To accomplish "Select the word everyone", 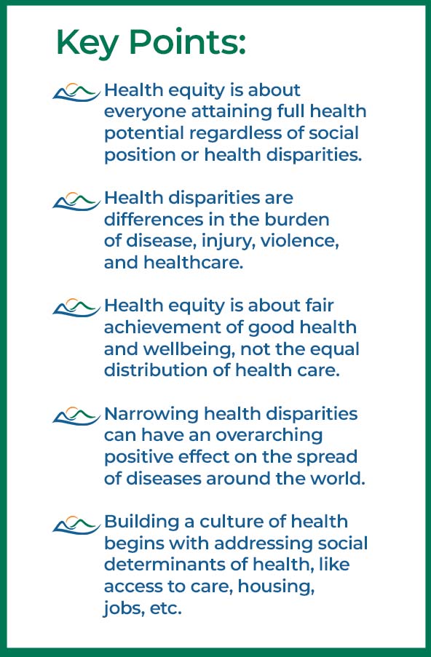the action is tap(145, 112).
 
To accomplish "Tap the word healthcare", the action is tap(193, 263).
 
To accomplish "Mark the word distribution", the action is tap(167, 370).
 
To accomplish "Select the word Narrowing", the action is tap(151, 414).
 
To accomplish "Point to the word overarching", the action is tap(269, 435).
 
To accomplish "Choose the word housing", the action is tap(276, 586).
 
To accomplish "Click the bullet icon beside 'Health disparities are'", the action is tap(76, 201).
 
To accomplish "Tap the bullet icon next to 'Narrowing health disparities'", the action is tap(76, 416).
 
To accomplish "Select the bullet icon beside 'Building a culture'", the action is tap(76, 525).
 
